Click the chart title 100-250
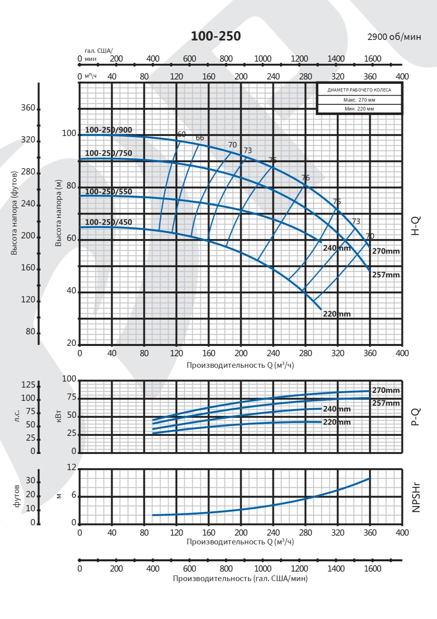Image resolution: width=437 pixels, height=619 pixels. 215,36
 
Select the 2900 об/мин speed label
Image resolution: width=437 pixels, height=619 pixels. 394,37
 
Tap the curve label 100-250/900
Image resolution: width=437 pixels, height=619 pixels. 108,130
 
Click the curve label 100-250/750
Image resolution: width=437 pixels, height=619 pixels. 108,153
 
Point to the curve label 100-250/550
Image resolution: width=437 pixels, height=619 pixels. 108,192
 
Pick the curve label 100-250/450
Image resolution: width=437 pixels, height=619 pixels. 108,222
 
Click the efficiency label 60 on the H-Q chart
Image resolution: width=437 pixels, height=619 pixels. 181,134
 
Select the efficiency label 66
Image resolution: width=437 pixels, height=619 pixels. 200,138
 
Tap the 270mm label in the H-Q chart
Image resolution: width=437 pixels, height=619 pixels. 385,251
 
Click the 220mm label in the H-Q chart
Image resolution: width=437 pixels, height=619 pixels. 337,314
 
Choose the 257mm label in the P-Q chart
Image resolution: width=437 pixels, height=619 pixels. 385,403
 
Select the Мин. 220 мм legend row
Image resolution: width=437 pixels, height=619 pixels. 359,109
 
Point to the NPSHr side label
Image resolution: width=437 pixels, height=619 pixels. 416,497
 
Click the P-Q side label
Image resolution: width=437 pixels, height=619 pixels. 416,417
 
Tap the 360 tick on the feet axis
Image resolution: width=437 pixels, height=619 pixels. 28,108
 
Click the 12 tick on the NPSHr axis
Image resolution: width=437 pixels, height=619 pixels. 71,467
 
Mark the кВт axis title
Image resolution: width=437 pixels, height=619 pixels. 59,416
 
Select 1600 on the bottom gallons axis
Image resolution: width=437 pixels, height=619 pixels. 373,569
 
